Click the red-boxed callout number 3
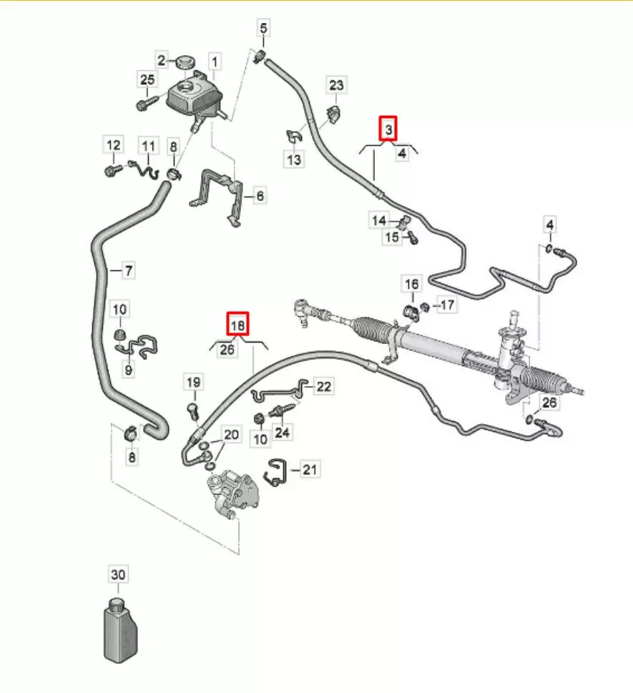click(x=388, y=129)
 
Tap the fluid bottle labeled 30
click(x=117, y=627)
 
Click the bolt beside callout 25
click(x=144, y=104)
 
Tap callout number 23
click(x=336, y=85)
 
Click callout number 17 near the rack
click(x=446, y=305)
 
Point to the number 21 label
click(x=309, y=469)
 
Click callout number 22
click(x=324, y=386)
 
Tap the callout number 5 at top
click(x=263, y=29)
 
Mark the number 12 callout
click(x=114, y=146)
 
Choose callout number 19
click(x=193, y=382)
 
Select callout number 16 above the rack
click(x=412, y=284)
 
